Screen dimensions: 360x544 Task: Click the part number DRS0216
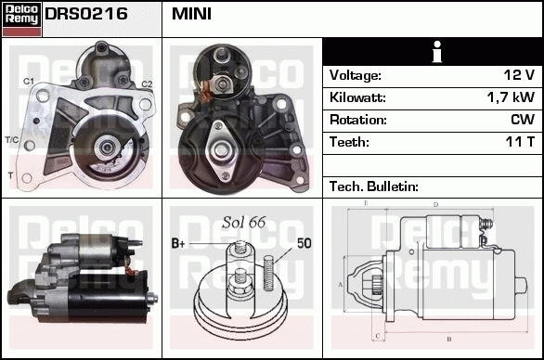click(86, 15)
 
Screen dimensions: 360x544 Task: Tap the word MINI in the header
click(191, 15)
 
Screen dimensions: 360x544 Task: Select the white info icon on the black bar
click(432, 51)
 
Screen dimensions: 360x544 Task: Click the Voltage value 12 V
click(516, 75)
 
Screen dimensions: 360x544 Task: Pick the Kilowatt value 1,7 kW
click(510, 97)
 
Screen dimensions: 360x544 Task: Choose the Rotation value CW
click(522, 120)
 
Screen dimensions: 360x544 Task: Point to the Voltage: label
click(355, 75)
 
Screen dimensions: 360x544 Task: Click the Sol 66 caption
click(244, 223)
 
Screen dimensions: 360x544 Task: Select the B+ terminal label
click(180, 243)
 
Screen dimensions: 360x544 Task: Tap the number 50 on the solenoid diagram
click(304, 243)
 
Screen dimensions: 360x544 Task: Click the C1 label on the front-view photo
click(29, 83)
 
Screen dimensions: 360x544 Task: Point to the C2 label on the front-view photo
click(146, 84)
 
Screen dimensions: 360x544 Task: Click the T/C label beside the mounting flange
click(12, 139)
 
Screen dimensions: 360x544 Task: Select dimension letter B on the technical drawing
click(448, 340)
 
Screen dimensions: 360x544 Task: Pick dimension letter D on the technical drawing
click(434, 204)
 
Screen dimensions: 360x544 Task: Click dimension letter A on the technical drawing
click(341, 283)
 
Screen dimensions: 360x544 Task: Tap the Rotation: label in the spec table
click(357, 120)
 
